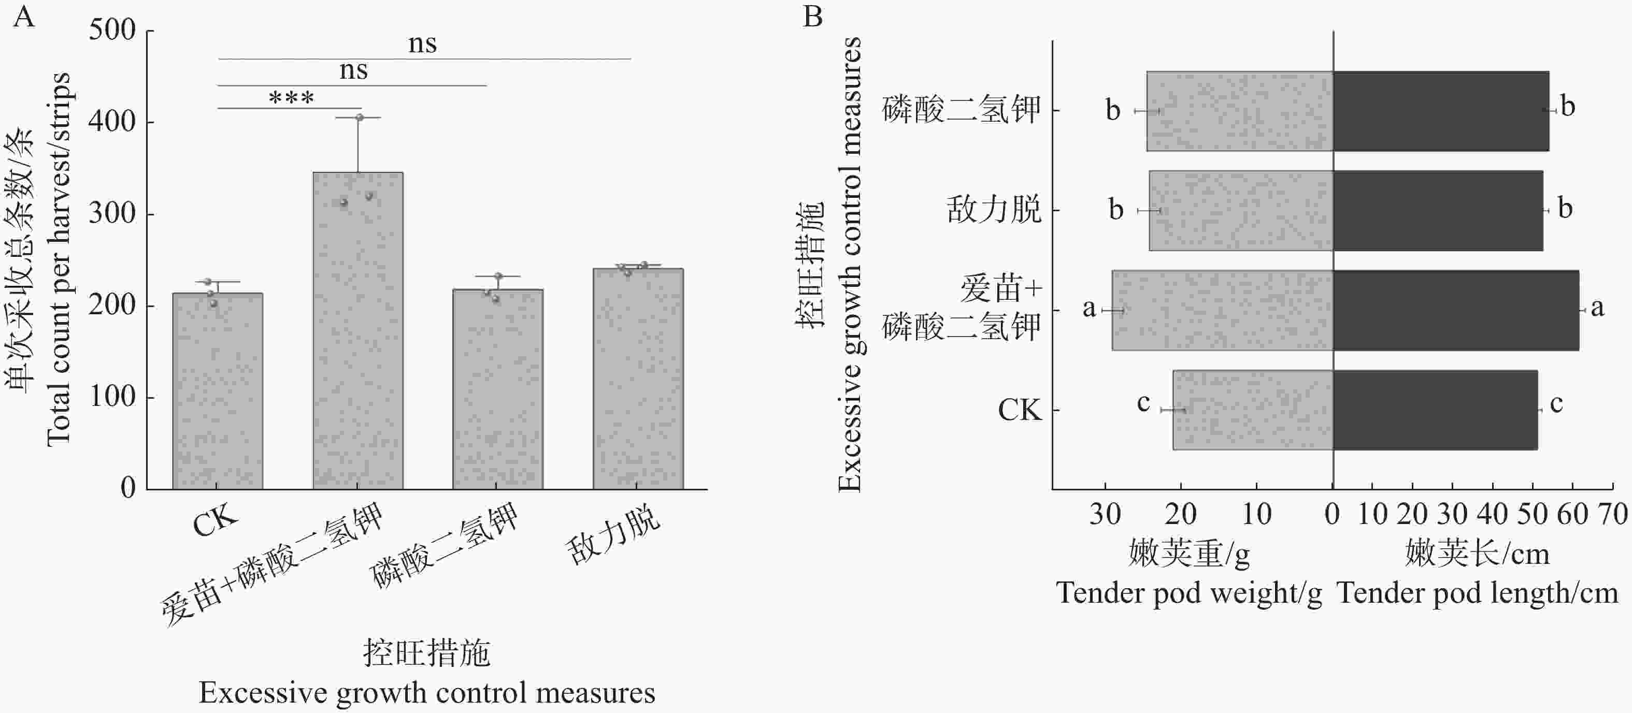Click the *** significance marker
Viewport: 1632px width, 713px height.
point(291,98)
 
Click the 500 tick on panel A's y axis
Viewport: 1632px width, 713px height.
point(113,31)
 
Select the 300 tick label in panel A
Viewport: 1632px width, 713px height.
point(113,213)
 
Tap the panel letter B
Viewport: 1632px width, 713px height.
point(813,17)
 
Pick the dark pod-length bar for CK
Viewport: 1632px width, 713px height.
point(1435,410)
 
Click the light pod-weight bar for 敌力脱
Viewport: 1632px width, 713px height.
point(1241,211)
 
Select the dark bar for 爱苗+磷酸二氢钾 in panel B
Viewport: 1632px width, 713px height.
point(1456,310)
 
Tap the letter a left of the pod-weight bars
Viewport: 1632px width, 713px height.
point(1089,309)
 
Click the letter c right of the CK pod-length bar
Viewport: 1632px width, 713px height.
point(1556,403)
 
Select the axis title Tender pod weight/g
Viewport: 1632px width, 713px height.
point(1189,594)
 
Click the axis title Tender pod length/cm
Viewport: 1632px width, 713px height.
point(1477,594)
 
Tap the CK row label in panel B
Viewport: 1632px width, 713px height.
point(1020,410)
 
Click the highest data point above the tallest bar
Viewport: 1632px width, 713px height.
point(359,118)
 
